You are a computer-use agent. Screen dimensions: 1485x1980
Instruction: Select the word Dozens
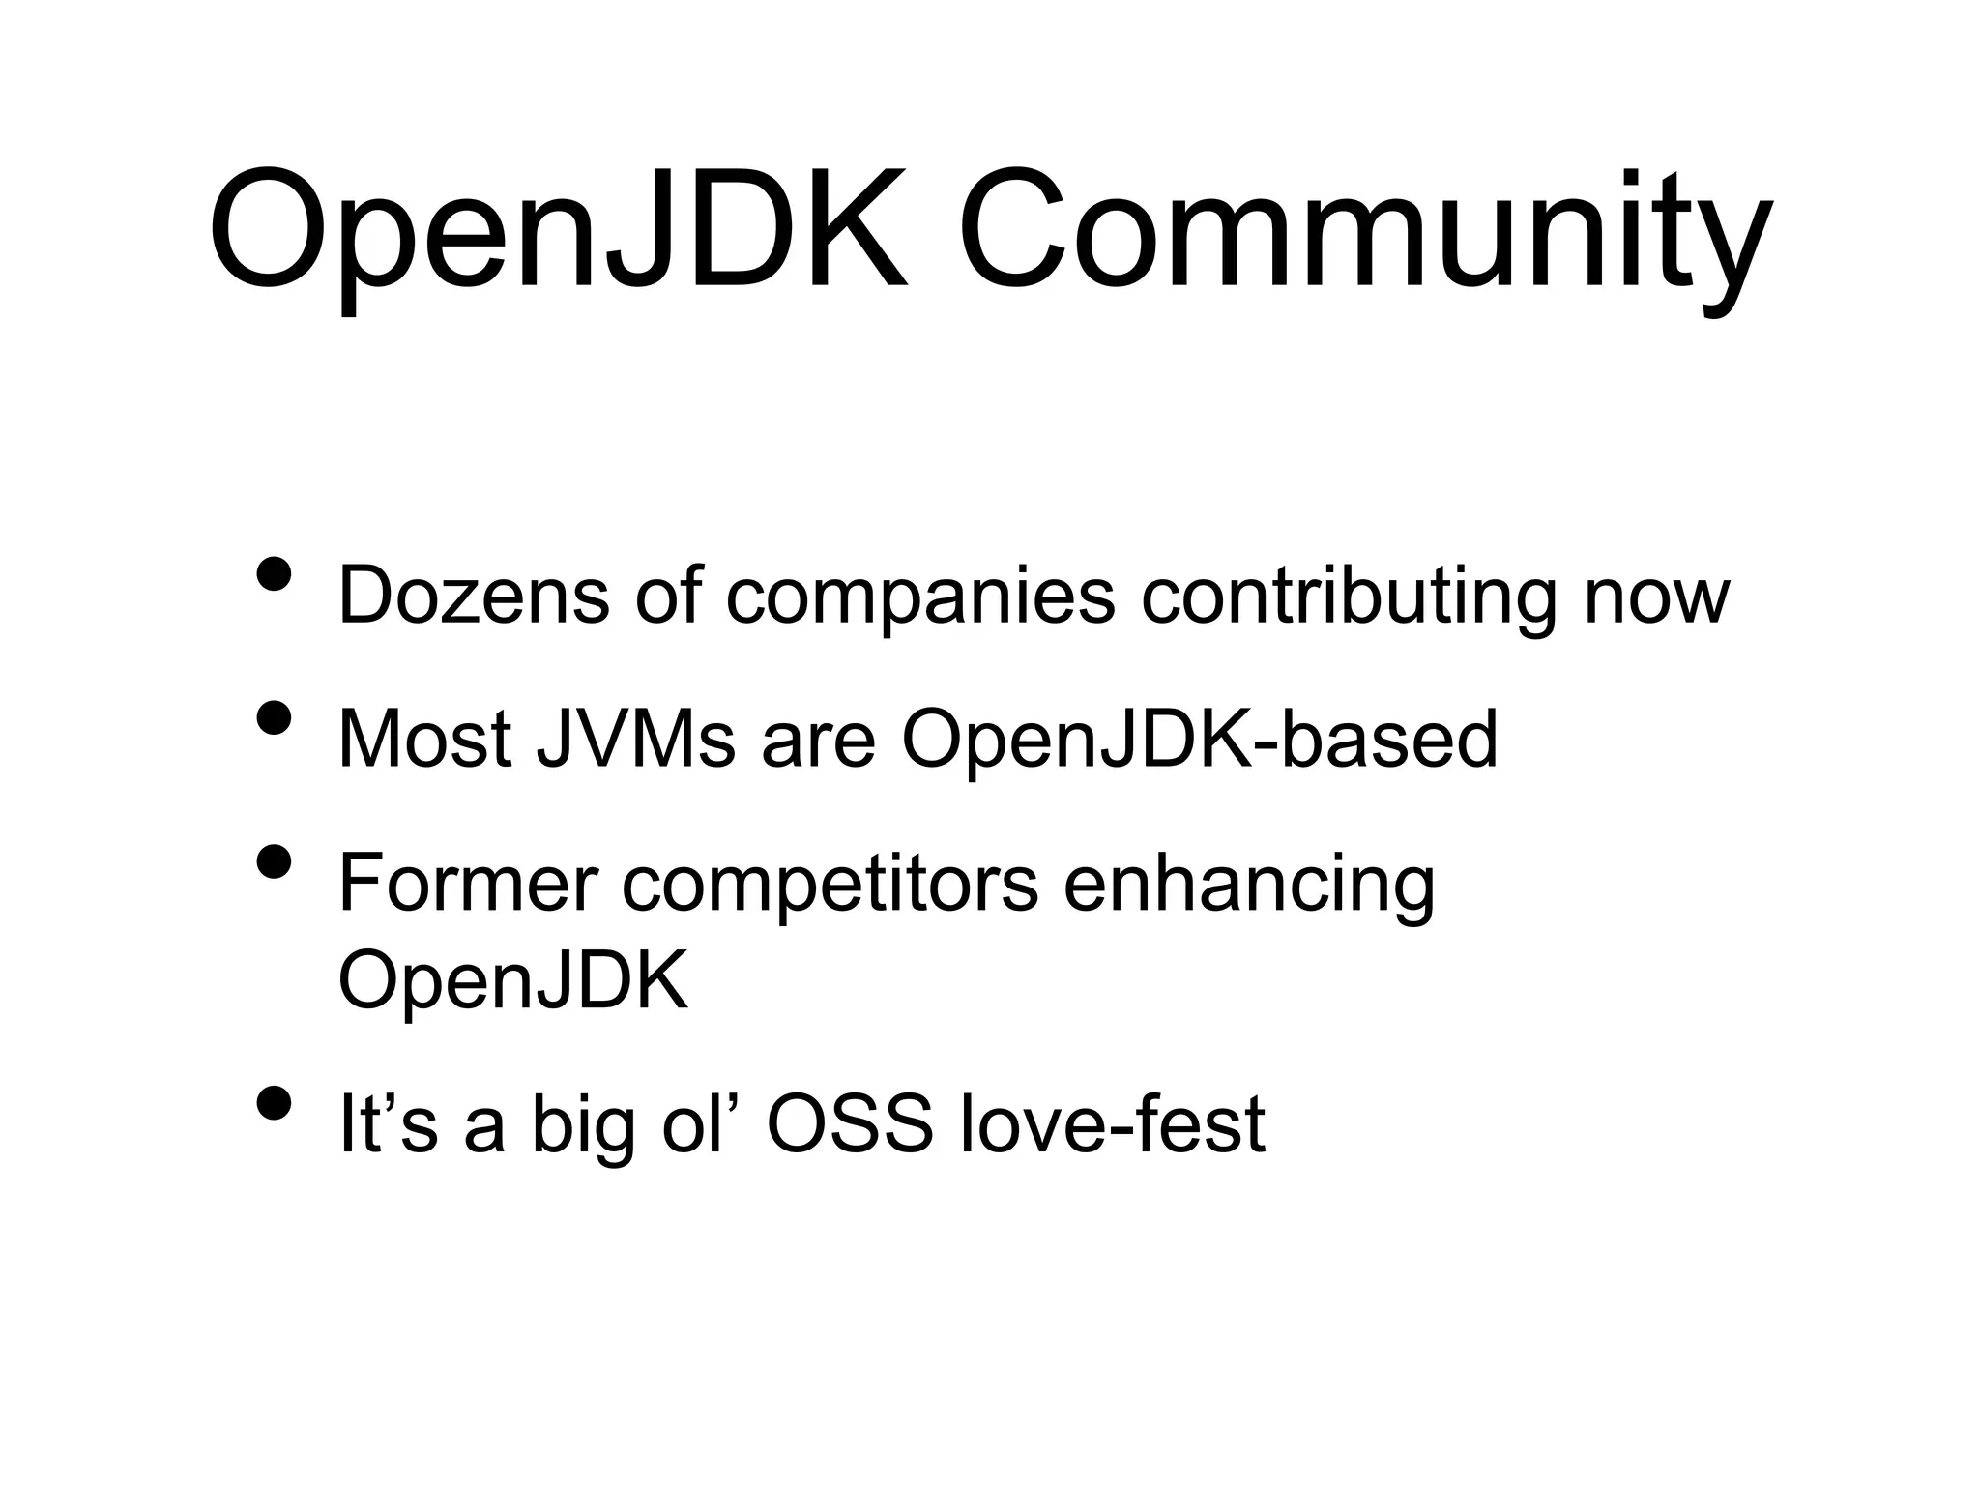(474, 596)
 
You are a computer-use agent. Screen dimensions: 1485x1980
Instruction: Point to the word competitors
(830, 885)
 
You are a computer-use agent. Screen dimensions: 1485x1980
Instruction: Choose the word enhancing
(1249, 885)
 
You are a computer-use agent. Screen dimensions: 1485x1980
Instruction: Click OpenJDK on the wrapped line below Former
(513, 980)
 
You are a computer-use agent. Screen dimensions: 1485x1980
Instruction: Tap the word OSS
(850, 1124)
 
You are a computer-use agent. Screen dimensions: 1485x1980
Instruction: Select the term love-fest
(1112, 1124)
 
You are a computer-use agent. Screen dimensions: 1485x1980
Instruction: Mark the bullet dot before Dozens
(275, 573)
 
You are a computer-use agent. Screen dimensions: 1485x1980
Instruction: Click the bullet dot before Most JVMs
(275, 717)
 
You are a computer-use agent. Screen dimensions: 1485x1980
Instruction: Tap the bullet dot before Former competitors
(275, 861)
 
